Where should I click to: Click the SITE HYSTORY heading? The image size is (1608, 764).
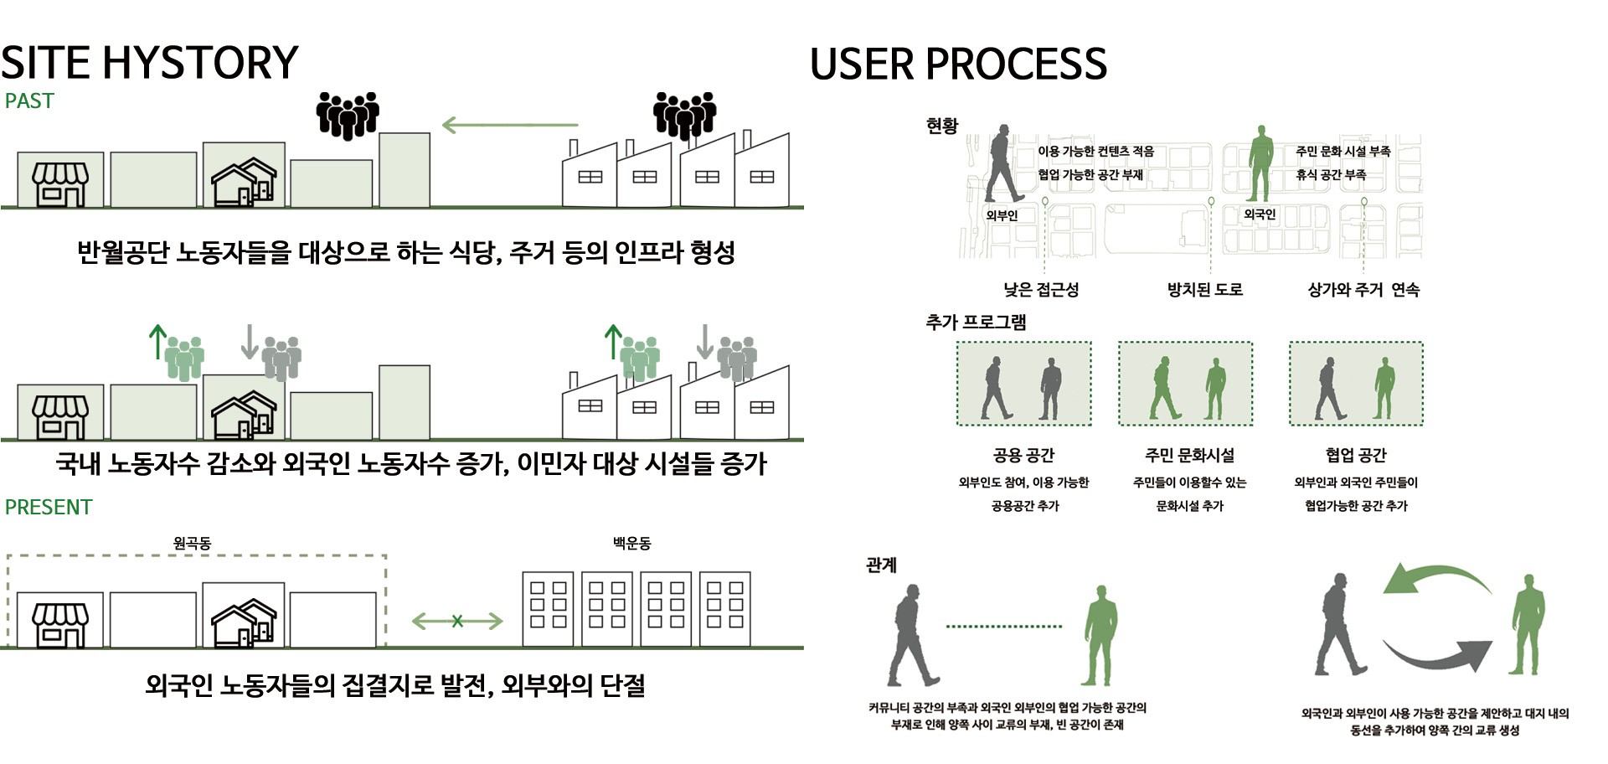(x=149, y=63)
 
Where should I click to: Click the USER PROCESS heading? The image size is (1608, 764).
(x=958, y=65)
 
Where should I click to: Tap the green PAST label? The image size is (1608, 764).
(x=29, y=101)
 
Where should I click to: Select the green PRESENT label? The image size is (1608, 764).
(x=49, y=507)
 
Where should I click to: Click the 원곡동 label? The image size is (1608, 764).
(x=192, y=543)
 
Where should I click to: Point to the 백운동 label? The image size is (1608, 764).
(x=631, y=543)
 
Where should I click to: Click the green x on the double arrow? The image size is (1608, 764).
(x=457, y=621)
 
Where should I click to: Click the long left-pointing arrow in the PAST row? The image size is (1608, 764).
(x=509, y=125)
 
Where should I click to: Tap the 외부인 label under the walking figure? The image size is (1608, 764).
(x=1002, y=215)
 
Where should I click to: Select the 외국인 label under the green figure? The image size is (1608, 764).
(x=1260, y=214)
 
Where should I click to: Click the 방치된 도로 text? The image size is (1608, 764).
(x=1205, y=290)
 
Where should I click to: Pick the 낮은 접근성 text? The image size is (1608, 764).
(x=1041, y=290)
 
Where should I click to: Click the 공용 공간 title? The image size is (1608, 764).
(x=1023, y=455)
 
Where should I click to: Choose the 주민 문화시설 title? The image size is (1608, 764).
(x=1189, y=455)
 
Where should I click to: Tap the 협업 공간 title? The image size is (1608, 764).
(x=1356, y=455)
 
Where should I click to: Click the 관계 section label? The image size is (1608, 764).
(x=881, y=565)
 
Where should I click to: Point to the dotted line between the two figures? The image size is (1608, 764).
(x=1003, y=626)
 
